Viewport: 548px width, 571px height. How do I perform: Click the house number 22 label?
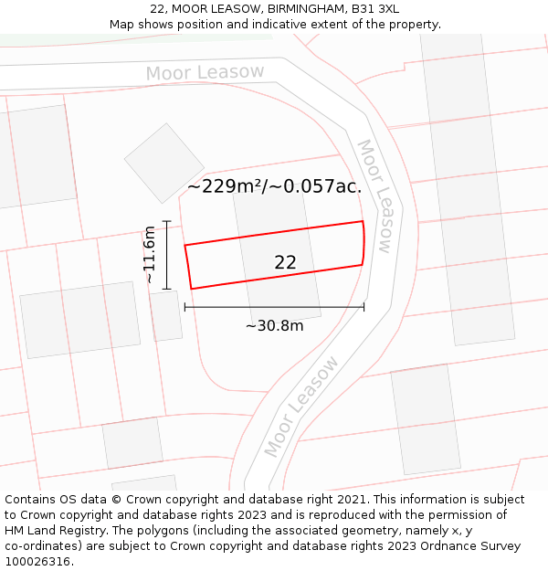click(285, 262)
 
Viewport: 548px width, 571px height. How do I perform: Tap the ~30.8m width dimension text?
click(274, 325)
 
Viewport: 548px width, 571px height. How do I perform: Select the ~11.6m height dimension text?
click(150, 255)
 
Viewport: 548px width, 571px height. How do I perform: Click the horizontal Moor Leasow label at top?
click(205, 72)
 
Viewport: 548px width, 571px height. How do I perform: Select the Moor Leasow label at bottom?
click(301, 407)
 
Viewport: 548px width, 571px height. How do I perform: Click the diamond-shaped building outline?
click(164, 163)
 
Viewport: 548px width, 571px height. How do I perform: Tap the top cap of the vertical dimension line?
click(166, 221)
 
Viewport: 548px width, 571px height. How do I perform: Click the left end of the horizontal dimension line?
click(185, 307)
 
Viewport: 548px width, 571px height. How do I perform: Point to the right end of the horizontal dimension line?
click(364, 307)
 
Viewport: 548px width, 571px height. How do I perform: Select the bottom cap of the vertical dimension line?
click(166, 289)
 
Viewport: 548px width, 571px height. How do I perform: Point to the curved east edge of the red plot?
click(364, 243)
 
